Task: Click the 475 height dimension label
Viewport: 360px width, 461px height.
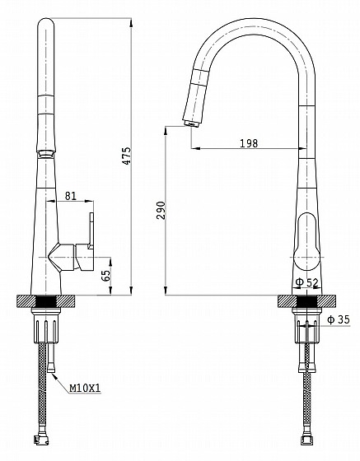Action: [x=127, y=156]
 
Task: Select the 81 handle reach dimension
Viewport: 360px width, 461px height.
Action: [x=70, y=196]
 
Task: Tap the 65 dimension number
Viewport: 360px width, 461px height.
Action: [x=106, y=276]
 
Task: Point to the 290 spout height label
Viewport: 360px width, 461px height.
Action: [x=161, y=210]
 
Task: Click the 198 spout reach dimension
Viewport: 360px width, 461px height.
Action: [x=249, y=143]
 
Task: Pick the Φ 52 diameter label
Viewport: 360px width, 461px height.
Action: [x=306, y=282]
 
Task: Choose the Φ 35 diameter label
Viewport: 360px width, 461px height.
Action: [x=339, y=319]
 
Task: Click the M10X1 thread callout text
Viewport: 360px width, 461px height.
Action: [x=85, y=389]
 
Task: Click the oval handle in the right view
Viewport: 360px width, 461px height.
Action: [x=306, y=242]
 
